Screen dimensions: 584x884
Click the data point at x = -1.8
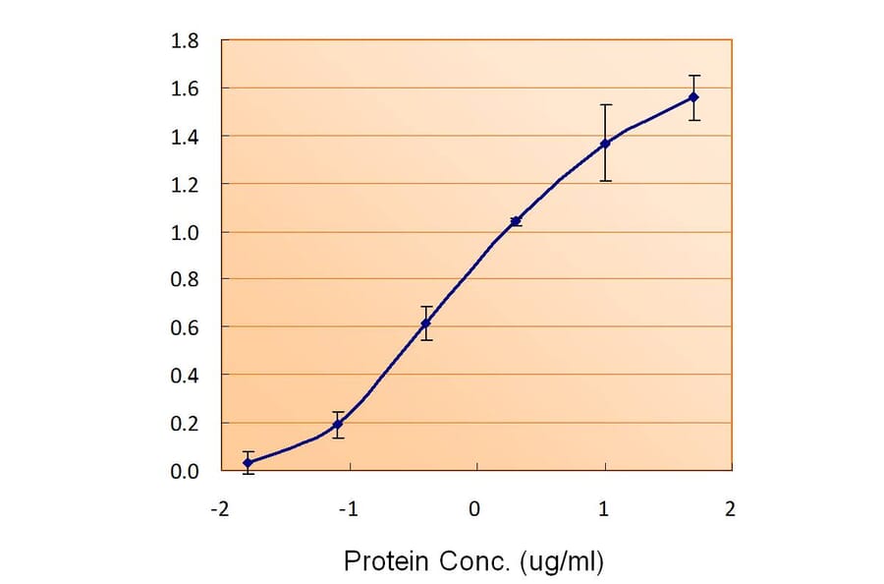(248, 462)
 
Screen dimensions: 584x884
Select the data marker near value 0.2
(338, 425)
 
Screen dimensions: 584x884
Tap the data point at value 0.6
(425, 323)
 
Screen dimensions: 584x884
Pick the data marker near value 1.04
(516, 221)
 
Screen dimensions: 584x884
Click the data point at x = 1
(606, 144)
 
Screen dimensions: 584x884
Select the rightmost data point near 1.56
(694, 96)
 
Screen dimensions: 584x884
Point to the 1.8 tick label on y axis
(186, 41)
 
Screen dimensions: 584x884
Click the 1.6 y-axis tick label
(186, 89)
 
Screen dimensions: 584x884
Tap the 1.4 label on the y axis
(186, 137)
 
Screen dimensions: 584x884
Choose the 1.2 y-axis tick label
(186, 185)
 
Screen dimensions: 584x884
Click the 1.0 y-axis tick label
(186, 233)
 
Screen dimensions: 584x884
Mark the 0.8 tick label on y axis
(186, 280)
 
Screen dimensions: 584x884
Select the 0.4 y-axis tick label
(186, 376)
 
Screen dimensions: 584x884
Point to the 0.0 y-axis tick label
(186, 472)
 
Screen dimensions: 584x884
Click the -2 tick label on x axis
(221, 508)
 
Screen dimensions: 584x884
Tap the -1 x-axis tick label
(348, 508)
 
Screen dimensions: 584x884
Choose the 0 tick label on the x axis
(476, 508)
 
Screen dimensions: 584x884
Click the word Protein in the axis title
(385, 561)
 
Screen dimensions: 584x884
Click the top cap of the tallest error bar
(606, 104)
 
